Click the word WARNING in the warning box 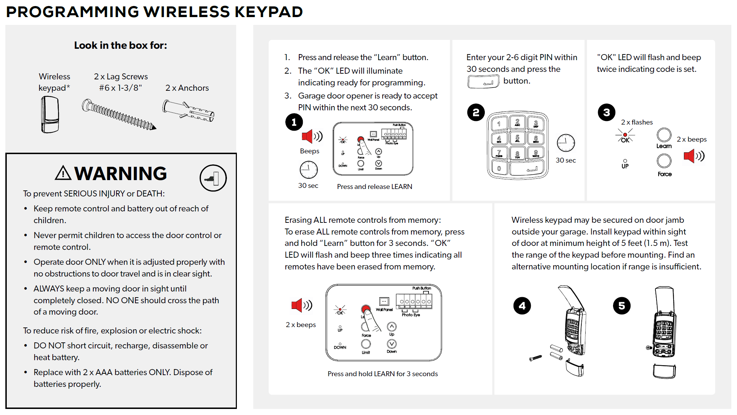tap(120, 174)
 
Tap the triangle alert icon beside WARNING tap(63, 173)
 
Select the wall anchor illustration tap(188, 111)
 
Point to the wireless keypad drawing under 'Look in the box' tap(50, 115)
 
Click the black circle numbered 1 tap(294, 122)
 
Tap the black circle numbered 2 tap(476, 112)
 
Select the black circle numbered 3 tap(606, 112)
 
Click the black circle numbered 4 tap(522, 306)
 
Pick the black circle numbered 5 tap(622, 306)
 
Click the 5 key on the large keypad tap(517, 138)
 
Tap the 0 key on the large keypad tap(499, 168)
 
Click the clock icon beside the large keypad tap(565, 143)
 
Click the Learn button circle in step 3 tap(664, 135)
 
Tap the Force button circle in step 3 tap(664, 161)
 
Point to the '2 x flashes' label tap(637, 122)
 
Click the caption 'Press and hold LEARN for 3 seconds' tap(383, 374)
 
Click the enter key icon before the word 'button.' tap(483, 82)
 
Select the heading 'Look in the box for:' tap(120, 45)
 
